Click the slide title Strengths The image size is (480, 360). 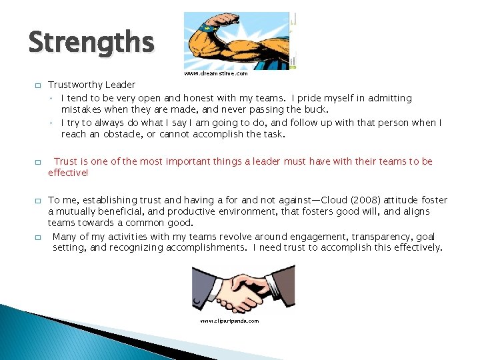pos(91,42)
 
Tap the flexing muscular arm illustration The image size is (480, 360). pos(239,41)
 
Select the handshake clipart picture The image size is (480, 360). pos(243,289)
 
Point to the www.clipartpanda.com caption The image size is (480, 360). pos(229,321)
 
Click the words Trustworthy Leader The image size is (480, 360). pos(91,85)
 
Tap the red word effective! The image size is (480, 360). pos(68,172)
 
